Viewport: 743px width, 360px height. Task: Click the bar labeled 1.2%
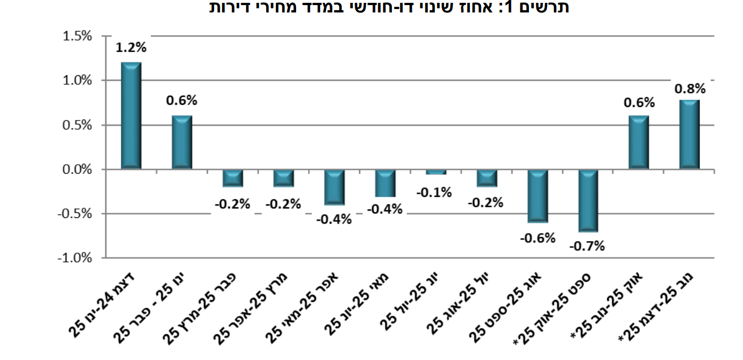pyautogui.click(x=131, y=115)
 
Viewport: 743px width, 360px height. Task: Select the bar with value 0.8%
pyautogui.click(x=689, y=135)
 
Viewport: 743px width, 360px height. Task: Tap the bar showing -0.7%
pyautogui.click(x=588, y=200)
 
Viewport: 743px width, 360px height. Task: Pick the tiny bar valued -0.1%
pyautogui.click(x=435, y=172)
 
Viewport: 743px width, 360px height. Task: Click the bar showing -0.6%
pyautogui.click(x=537, y=196)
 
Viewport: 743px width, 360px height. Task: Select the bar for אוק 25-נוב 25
pyautogui.click(x=639, y=142)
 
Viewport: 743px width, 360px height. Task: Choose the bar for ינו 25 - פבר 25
pyautogui.click(x=182, y=142)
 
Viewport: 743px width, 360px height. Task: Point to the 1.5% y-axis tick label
pyautogui.click(x=77, y=36)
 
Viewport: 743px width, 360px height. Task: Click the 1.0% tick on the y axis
pyautogui.click(x=77, y=80)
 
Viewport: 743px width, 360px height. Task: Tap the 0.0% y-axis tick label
pyautogui.click(x=77, y=169)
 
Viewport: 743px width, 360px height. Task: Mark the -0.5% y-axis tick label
pyautogui.click(x=75, y=213)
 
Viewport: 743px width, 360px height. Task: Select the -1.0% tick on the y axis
pyautogui.click(x=75, y=258)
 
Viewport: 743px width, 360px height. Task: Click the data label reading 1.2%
pyautogui.click(x=131, y=48)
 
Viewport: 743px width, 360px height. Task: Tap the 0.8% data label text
pyautogui.click(x=689, y=88)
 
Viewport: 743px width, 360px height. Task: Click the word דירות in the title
pyautogui.click(x=230, y=7)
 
